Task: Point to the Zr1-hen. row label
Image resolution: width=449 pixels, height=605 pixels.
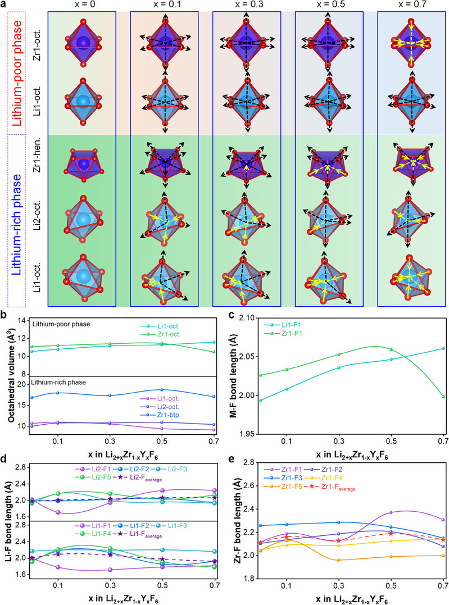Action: pos(38,165)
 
